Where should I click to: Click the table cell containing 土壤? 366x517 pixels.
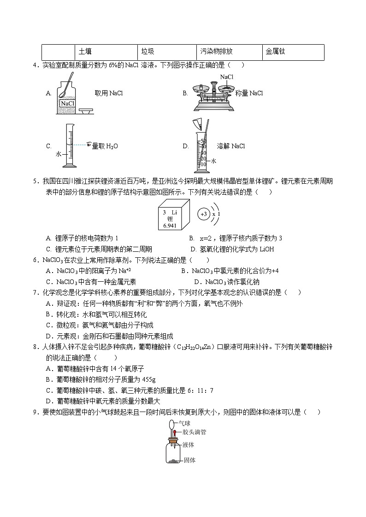coord(106,52)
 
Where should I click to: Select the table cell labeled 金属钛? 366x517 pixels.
coord(293,52)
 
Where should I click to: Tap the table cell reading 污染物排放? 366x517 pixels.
coord(229,52)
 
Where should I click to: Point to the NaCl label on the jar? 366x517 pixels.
coord(67,104)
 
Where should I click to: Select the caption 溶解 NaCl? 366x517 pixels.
coord(231,146)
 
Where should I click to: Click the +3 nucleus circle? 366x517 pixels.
coord(203,215)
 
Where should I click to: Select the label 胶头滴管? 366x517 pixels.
coord(194,432)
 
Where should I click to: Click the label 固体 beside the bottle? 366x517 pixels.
coord(189,459)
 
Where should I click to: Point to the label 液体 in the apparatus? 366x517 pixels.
coord(188,445)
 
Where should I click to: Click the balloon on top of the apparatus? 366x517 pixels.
coord(171,424)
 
